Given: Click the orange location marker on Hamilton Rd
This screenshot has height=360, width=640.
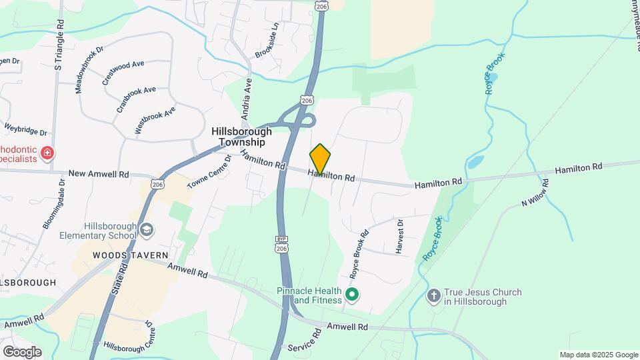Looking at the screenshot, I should tap(320, 159).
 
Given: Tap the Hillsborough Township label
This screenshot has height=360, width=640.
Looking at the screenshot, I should tap(242, 137).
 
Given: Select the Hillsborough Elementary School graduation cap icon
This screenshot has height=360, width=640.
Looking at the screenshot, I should tap(145, 231).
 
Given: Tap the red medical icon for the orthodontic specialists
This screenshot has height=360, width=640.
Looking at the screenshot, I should tap(47, 154).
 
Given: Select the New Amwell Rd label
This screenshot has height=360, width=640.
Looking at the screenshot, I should tap(98, 174).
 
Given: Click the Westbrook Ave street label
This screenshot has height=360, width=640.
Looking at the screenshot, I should tap(155, 120).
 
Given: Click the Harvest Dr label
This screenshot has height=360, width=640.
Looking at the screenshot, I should tap(400, 236).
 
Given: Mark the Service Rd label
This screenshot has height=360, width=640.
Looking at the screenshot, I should tap(305, 347).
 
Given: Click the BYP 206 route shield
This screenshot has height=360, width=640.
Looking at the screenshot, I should tap(281, 245).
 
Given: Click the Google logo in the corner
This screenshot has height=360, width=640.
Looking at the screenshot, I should tap(21, 352).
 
